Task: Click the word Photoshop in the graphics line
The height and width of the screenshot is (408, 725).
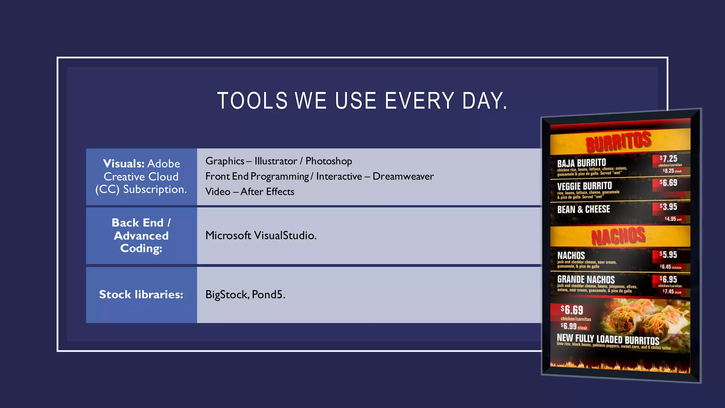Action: point(329,161)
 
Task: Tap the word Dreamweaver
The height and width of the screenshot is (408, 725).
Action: point(403,176)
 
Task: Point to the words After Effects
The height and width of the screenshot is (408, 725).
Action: point(267,192)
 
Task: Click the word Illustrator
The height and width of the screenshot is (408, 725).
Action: point(276,161)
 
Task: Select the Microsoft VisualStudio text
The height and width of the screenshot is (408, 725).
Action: point(261,236)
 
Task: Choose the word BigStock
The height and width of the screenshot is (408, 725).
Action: point(227,295)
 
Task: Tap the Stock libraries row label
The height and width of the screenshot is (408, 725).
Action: point(141,295)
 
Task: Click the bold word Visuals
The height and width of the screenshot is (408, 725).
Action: point(124,164)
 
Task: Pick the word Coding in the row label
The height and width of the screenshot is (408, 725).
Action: point(141,249)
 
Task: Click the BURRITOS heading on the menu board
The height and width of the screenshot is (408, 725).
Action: point(618,141)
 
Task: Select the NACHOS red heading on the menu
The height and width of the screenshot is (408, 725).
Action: point(618,236)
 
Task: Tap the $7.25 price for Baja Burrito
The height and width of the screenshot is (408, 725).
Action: point(668,159)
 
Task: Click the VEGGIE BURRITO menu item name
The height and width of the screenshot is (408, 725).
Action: point(584,186)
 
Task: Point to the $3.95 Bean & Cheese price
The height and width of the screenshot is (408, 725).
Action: point(668,207)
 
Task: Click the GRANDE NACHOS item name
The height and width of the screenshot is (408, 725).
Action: point(586,279)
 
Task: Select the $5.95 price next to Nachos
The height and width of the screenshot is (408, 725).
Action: point(668,255)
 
